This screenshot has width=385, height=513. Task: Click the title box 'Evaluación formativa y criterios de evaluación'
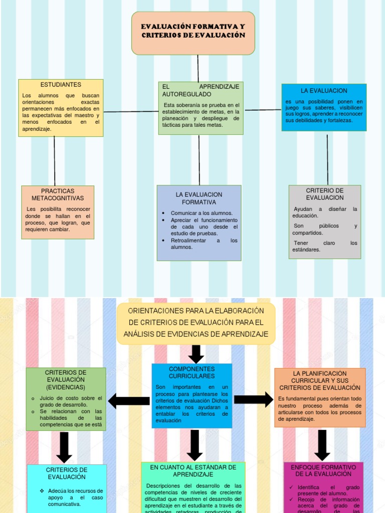pos(193,31)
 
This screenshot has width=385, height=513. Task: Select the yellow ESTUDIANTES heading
pos(61,85)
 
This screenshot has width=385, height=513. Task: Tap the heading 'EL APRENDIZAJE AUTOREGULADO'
pos(201,90)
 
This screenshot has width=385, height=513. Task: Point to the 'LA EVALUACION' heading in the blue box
pos(324,91)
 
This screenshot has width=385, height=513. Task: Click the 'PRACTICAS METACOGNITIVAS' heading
pos(58,195)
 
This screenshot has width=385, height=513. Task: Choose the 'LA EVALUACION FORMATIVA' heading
pos(199,198)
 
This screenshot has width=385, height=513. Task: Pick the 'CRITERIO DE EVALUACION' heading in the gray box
pos(325,194)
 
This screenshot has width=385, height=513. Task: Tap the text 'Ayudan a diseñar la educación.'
pos(325,212)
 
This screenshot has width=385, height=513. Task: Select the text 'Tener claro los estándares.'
pos(325,246)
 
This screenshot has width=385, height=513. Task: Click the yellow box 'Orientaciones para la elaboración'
pos(196,323)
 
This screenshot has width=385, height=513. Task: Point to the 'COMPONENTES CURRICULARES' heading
pos(192,372)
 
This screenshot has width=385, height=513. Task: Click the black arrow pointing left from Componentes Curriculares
pos(129,401)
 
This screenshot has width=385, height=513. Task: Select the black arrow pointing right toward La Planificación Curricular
pos(253,399)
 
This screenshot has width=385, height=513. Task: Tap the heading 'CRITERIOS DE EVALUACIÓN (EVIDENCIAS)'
pos(66,380)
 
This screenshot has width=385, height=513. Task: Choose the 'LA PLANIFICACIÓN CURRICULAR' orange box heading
pos(320,381)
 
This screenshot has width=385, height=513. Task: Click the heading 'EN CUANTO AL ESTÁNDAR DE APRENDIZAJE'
pos(193,470)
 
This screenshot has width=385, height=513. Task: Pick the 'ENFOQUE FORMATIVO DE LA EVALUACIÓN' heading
pos(323,470)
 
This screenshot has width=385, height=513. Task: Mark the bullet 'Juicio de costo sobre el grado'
pos(71,401)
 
